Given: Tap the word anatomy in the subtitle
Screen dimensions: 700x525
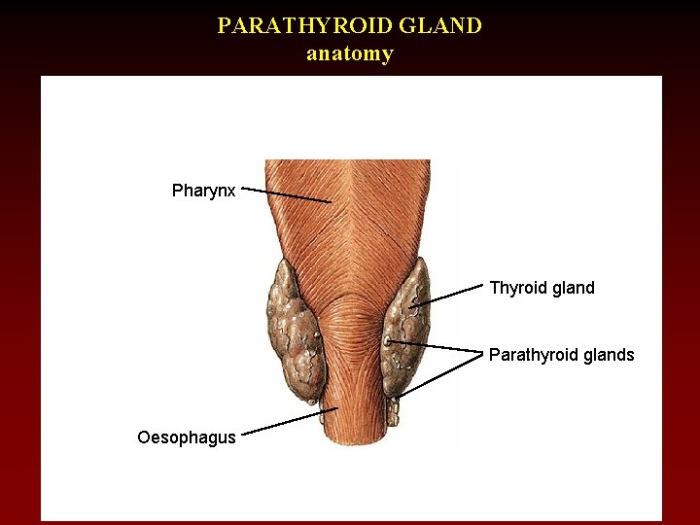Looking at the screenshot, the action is [x=350, y=53].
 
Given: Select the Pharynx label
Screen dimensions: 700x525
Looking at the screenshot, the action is [x=203, y=191].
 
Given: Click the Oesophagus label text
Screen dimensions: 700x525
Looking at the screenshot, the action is [x=187, y=437].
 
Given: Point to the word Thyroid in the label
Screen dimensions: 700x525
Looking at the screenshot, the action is [x=517, y=288].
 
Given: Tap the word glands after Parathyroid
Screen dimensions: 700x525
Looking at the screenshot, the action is [x=609, y=355].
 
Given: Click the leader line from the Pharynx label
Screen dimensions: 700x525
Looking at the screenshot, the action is [x=287, y=195].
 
